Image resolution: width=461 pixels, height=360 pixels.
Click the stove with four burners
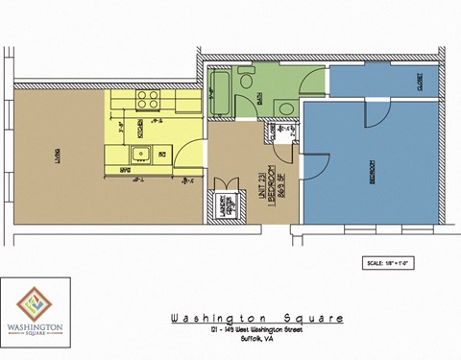148,99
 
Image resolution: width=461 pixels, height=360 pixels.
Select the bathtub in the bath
218,94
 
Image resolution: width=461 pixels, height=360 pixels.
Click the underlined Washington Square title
255,319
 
